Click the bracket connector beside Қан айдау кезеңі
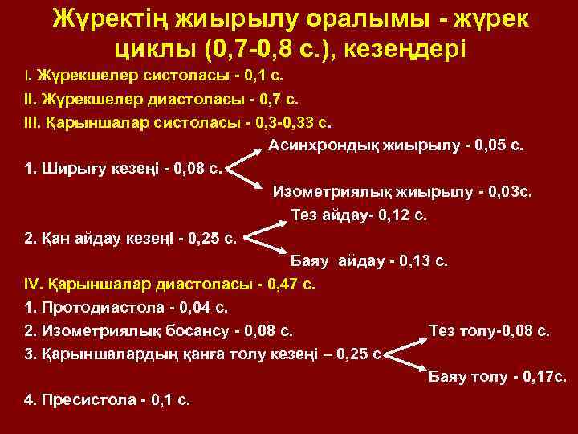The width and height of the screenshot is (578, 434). pyautogui.click(x=259, y=238)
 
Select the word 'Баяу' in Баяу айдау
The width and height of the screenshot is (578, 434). pyautogui.click(x=309, y=261)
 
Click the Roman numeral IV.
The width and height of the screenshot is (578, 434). pyautogui.click(x=33, y=284)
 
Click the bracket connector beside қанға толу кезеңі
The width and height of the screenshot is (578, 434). pyautogui.click(x=405, y=352)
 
